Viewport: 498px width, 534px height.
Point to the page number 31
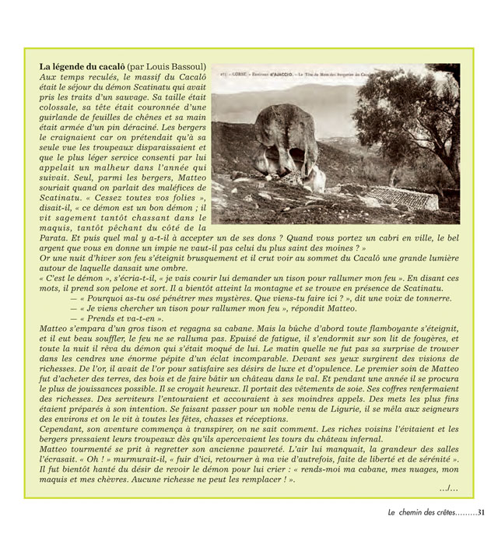click(481, 512)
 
